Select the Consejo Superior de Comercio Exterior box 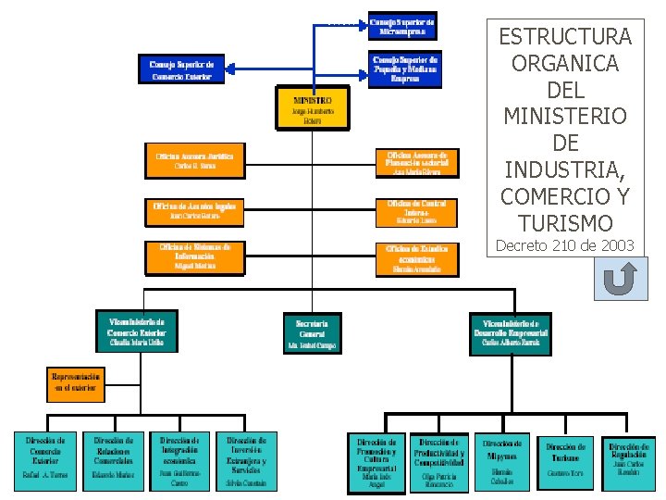point(186,69)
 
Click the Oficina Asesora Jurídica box point(194,159)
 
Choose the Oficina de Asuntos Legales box point(194,210)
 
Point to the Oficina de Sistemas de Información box point(194,256)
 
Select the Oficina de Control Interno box point(415,212)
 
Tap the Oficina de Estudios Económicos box point(415,258)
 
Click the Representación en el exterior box point(76,383)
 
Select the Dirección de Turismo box point(564,460)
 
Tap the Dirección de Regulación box point(629,461)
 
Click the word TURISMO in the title point(565,223)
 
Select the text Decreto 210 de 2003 point(565,245)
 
